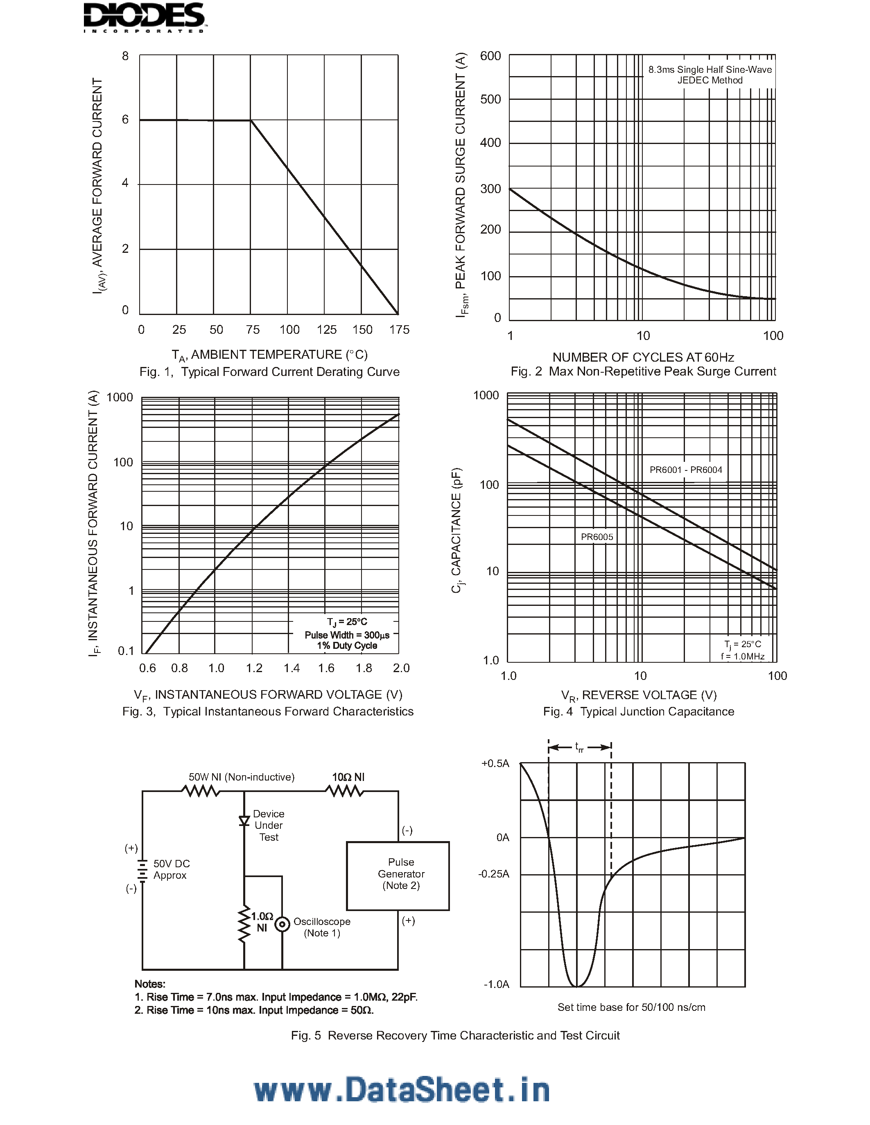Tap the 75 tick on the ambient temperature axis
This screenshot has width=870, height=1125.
click(253, 330)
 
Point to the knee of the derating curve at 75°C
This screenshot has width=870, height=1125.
click(251, 121)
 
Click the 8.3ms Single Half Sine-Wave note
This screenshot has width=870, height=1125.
click(710, 70)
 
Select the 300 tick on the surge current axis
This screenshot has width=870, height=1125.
click(490, 189)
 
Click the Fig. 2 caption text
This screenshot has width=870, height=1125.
click(643, 371)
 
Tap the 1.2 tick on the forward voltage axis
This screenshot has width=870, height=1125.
click(254, 668)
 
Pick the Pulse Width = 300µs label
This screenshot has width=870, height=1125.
click(347, 635)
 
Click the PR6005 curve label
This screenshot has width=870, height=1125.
click(597, 537)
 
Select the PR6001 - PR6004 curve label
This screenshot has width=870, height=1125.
click(685, 470)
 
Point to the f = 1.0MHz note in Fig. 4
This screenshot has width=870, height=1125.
click(743, 656)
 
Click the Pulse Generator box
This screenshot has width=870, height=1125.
click(398, 876)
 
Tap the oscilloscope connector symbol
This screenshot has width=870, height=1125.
click(282, 925)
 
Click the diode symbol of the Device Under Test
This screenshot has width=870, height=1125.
click(244, 821)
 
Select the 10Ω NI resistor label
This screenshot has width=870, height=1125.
click(348, 777)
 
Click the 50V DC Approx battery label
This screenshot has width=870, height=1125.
click(171, 869)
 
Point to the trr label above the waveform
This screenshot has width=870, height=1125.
click(579, 747)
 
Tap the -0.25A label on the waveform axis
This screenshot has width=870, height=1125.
click(494, 874)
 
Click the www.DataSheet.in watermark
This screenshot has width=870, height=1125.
click(402, 1091)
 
